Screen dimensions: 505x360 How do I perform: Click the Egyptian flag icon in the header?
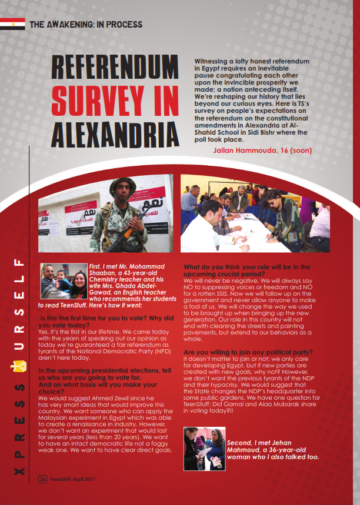coord(12,24)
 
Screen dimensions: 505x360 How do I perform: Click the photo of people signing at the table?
coord(255,213)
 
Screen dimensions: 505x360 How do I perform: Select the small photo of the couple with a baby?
coord(64,282)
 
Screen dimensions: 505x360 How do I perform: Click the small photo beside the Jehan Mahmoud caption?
coord(204,449)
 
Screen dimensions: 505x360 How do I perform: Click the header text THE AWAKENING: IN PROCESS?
coord(86,25)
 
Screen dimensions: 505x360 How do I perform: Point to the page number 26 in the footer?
coord(43,479)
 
